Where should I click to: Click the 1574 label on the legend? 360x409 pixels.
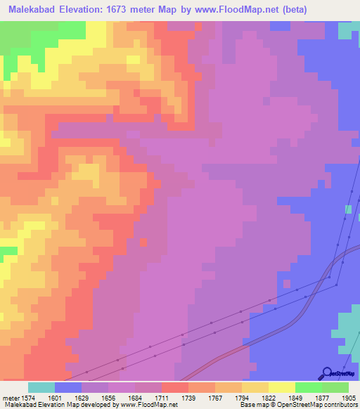tap(29, 398)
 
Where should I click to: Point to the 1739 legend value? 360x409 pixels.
tap(188, 398)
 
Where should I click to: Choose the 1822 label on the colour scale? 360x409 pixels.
tap(269, 398)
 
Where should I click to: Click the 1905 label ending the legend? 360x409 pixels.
tap(348, 398)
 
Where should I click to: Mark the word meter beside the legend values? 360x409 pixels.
tap(10, 398)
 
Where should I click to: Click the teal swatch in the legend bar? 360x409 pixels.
tap(41, 387)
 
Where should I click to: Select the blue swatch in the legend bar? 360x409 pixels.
tap(68, 387)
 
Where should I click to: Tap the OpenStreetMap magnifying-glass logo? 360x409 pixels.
tap(327, 373)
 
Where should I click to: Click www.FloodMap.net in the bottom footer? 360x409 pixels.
tap(150, 405)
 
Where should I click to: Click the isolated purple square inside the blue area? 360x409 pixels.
tap(287, 283)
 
